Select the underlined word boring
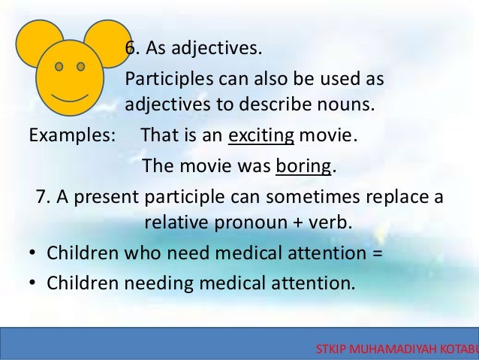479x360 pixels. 303,165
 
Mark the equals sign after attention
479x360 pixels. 377,254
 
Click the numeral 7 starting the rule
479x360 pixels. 41,198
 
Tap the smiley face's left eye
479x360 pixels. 59,65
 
